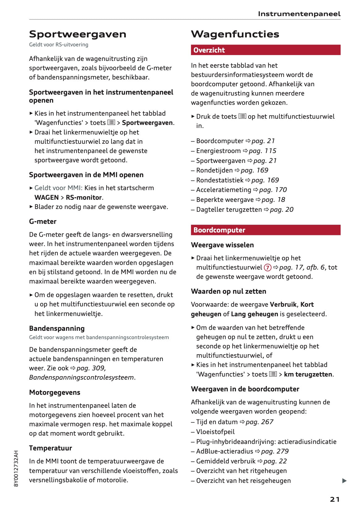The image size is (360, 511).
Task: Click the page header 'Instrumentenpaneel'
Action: tap(299, 14)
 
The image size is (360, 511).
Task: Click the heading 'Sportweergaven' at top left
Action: tap(78, 34)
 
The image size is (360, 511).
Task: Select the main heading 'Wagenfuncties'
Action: tap(235, 34)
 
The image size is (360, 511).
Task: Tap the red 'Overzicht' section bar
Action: tap(265, 50)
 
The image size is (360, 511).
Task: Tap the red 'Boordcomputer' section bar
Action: tap(265, 230)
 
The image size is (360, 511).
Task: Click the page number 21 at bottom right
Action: tap(335, 499)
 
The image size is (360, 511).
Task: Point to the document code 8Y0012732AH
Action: tap(16, 468)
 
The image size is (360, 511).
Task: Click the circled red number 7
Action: tap(268, 267)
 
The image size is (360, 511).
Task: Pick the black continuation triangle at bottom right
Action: tap(344, 481)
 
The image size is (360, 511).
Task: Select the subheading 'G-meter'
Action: tap(43, 221)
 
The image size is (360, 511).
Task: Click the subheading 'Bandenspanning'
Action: tap(57, 328)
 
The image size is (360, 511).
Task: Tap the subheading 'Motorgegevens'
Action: tap(55, 392)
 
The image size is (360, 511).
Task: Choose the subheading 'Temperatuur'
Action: tap(50, 448)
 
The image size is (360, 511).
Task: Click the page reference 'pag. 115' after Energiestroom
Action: tap(262, 151)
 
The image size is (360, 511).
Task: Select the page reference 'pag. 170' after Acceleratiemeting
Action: tap(273, 190)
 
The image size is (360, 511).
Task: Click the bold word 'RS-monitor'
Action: tap(84, 198)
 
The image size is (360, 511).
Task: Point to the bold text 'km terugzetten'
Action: tap(308, 374)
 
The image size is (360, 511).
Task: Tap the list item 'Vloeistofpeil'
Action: tap(215, 432)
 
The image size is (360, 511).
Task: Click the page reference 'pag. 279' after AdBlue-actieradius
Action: tap(275, 451)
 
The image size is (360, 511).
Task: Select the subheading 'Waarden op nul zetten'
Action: tap(228, 291)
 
